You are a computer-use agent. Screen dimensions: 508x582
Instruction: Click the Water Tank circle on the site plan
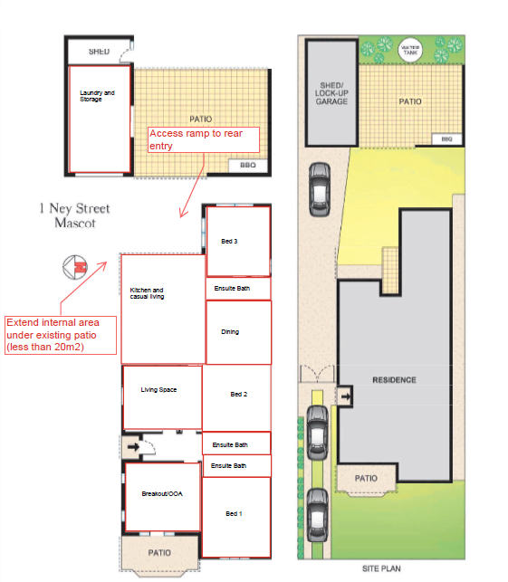(410, 50)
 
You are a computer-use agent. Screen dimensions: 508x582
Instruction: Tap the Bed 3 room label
(229, 242)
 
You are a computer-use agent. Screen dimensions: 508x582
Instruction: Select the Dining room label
(230, 332)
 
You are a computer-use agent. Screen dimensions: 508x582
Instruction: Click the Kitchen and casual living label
(147, 293)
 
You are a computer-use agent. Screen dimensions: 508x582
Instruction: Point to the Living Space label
(158, 390)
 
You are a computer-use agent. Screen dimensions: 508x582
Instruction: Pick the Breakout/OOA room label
(162, 493)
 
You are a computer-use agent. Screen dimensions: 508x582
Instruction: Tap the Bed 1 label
(234, 514)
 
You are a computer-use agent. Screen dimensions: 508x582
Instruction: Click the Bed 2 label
(239, 395)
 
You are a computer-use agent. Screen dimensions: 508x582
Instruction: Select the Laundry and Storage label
(97, 96)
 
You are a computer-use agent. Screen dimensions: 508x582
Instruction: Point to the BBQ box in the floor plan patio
(248, 166)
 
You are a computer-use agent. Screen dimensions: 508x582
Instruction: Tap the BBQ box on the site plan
(446, 139)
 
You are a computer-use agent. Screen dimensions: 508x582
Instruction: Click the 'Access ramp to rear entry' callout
(204, 139)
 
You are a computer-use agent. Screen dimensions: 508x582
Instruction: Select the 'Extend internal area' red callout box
(61, 335)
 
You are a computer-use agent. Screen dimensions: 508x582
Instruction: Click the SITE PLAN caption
(381, 568)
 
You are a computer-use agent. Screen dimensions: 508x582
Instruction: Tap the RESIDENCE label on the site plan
(395, 380)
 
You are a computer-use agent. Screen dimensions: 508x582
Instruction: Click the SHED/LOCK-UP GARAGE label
(331, 93)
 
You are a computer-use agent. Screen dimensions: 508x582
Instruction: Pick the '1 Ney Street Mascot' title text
(75, 215)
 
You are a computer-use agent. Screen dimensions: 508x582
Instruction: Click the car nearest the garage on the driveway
(320, 189)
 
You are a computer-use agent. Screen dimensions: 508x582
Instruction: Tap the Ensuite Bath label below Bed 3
(232, 289)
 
